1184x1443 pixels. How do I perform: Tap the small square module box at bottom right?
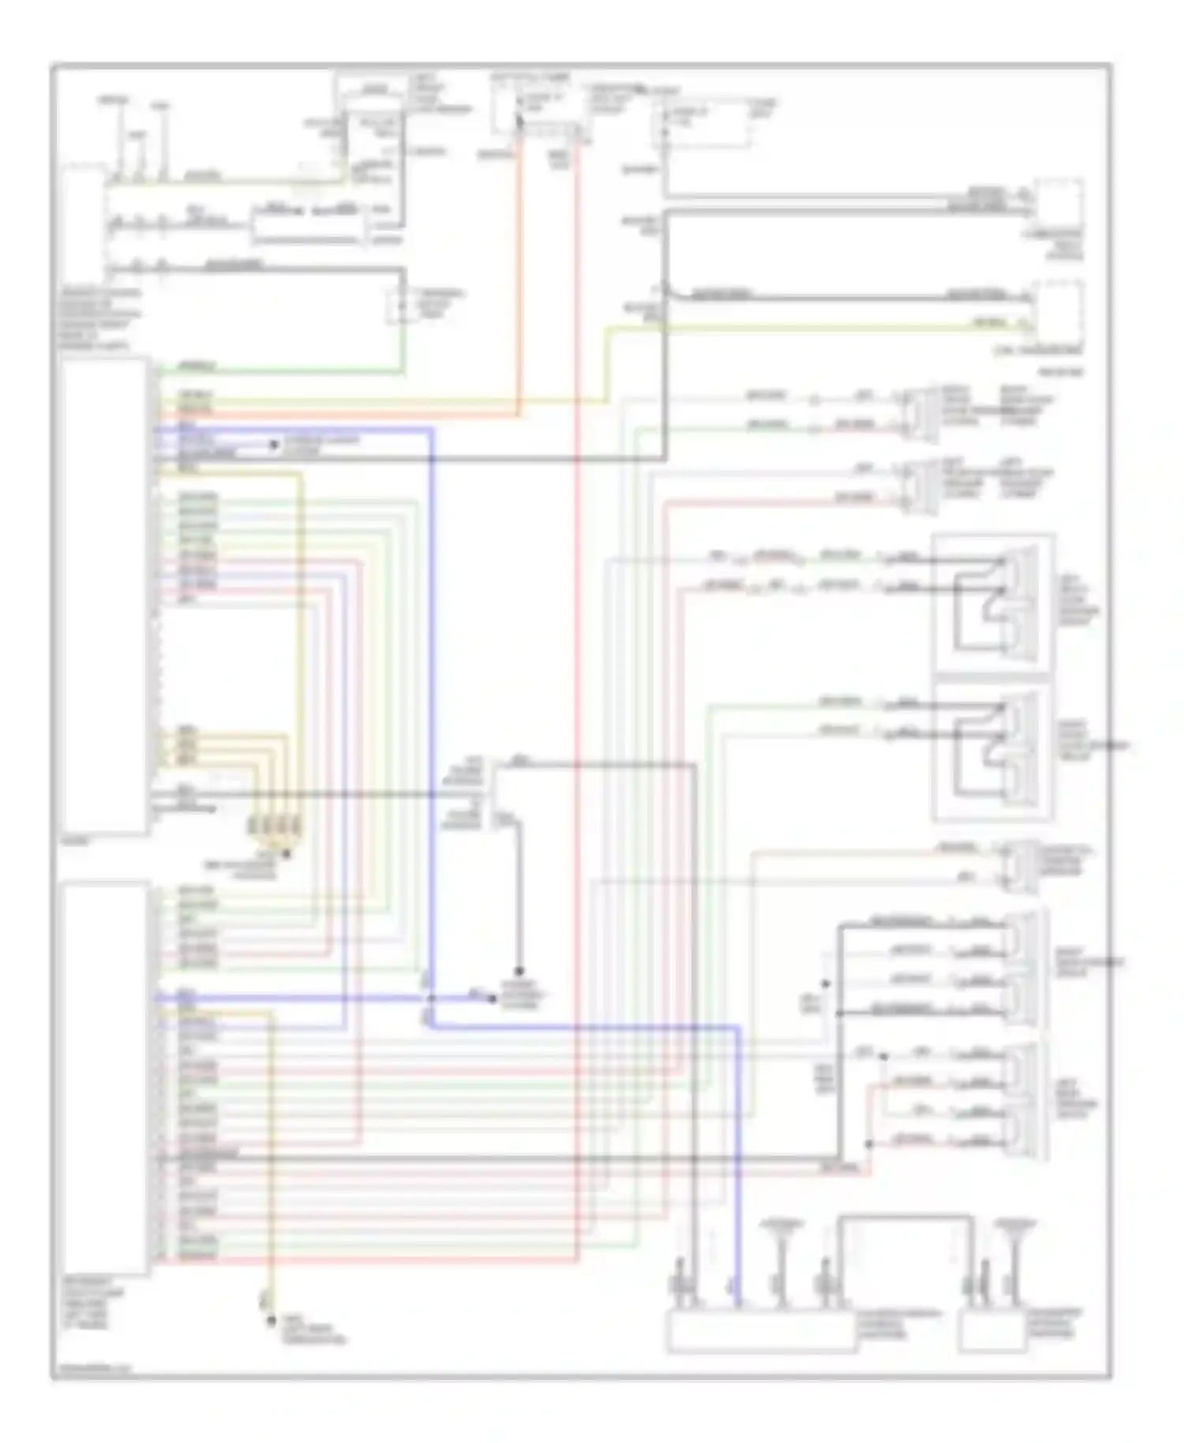coord(992,1332)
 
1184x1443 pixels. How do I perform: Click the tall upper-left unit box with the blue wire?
coord(104,596)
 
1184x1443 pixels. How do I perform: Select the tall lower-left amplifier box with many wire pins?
coord(104,1078)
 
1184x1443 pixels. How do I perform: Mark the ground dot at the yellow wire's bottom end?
coord(271,1320)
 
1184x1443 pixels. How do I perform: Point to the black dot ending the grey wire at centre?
coord(519,971)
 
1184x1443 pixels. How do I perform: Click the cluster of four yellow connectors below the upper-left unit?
coord(275,826)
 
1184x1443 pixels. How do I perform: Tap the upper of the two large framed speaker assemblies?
coord(993,604)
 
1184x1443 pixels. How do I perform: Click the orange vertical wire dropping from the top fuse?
coord(519,276)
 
